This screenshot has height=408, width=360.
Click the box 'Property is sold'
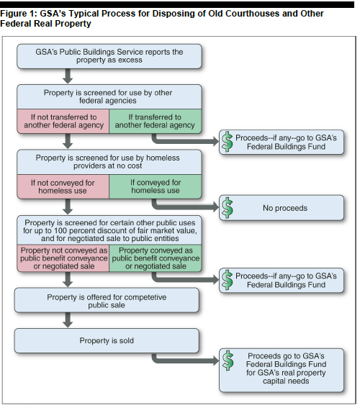click(x=107, y=340)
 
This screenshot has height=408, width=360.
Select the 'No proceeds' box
click(x=282, y=208)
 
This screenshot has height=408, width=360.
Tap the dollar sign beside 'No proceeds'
click(x=228, y=208)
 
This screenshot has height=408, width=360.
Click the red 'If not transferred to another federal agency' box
click(x=63, y=122)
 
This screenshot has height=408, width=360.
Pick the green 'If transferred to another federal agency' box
click(x=156, y=122)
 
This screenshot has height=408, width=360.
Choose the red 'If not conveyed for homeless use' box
click(x=63, y=186)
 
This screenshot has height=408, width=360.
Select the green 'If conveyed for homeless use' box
click(x=156, y=186)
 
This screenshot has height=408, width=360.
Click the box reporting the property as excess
click(x=109, y=56)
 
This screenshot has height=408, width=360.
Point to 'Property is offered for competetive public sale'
click(x=107, y=300)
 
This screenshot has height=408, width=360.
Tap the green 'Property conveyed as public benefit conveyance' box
click(x=156, y=258)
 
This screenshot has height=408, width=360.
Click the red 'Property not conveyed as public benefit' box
click(x=63, y=258)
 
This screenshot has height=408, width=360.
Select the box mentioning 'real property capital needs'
click(x=282, y=371)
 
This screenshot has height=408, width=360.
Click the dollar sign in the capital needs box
click(x=228, y=361)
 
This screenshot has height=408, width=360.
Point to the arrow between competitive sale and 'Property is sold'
click(x=68, y=319)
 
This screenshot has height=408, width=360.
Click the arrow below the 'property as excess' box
click(x=68, y=76)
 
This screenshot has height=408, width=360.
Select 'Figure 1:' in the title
click(x=19, y=14)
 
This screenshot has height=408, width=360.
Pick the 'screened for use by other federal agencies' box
click(x=109, y=97)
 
